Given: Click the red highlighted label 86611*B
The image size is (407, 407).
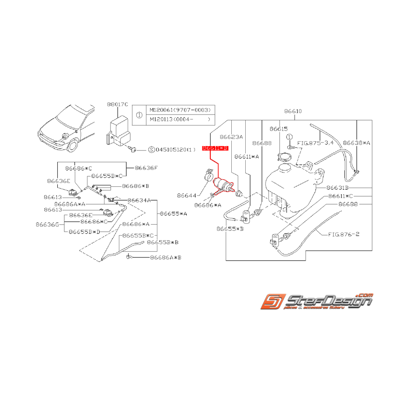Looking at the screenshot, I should [x=215, y=149].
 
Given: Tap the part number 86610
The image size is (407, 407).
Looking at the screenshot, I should [x=292, y=111].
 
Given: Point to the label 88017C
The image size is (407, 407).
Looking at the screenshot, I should [x=117, y=104].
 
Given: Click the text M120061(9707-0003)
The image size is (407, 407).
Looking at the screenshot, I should [x=180, y=110].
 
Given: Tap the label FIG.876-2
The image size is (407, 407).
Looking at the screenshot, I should [x=344, y=234].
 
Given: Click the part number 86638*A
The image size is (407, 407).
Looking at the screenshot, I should [x=357, y=143].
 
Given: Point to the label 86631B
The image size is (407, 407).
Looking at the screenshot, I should [x=338, y=188].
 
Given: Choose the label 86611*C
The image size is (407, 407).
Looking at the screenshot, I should [x=340, y=196].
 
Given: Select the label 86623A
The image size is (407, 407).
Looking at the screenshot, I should [x=231, y=137].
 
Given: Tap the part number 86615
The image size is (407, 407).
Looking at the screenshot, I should [x=279, y=129].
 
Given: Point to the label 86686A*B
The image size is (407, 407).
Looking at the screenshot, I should [x=165, y=258].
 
